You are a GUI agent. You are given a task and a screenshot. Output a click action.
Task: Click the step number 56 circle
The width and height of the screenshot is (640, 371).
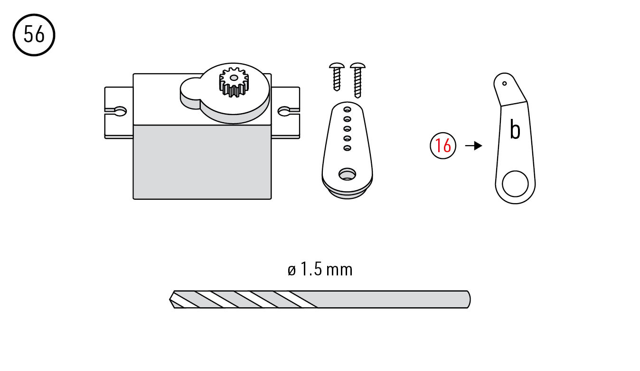(34, 35)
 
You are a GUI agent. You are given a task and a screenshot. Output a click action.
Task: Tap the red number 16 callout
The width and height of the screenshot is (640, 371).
(443, 146)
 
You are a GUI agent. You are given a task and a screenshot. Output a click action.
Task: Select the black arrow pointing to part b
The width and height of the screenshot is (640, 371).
(474, 146)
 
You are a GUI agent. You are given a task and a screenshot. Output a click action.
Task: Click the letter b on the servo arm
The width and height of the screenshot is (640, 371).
(515, 130)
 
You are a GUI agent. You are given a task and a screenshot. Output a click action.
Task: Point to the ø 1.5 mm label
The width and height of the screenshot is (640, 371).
(320, 269)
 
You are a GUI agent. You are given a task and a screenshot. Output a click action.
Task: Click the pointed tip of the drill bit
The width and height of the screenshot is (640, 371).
(169, 300)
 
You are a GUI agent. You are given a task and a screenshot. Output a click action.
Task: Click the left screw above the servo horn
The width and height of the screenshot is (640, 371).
(337, 77)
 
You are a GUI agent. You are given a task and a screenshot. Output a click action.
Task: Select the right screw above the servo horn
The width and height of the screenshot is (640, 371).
(358, 80)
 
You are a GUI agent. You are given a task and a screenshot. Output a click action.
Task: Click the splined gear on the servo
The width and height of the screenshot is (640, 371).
(234, 82)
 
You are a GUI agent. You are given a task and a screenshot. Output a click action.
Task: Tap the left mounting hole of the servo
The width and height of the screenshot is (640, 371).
(120, 111)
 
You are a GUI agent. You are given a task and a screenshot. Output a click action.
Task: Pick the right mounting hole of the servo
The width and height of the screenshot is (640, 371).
(284, 111)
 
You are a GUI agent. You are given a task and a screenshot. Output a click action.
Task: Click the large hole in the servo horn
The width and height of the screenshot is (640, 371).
(347, 174)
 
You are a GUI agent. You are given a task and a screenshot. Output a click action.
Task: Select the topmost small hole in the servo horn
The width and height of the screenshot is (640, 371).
(347, 109)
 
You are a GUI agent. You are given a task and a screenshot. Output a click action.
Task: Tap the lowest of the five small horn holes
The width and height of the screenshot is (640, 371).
(347, 148)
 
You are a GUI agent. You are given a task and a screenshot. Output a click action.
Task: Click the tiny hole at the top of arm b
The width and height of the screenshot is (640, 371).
(505, 84)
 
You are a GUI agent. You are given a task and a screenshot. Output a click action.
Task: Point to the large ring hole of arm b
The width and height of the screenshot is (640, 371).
(515, 184)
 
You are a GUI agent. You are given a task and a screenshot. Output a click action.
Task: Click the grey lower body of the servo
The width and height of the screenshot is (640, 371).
(202, 162)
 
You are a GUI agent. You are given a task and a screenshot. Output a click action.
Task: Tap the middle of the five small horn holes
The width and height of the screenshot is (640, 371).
(347, 128)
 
